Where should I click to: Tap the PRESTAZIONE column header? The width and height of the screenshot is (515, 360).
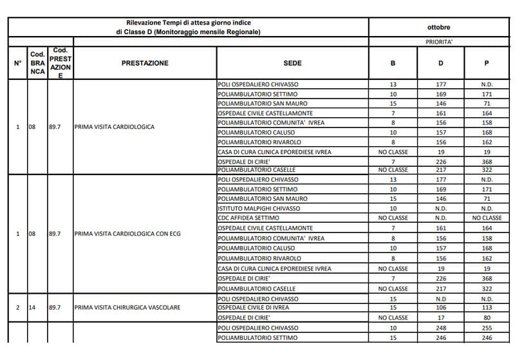point(145,63)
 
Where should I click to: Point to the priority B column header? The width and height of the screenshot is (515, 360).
point(393,63)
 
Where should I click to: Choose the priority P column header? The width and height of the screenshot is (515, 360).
point(487,63)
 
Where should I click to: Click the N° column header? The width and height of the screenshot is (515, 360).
point(18,63)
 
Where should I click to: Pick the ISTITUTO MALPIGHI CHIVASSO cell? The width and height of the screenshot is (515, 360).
point(259,209)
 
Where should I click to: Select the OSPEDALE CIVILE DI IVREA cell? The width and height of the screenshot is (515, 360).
point(254,308)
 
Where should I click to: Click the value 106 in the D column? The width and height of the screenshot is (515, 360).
point(441,308)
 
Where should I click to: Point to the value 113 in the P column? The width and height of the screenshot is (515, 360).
point(487,308)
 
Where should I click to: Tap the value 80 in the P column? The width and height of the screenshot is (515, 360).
point(487,317)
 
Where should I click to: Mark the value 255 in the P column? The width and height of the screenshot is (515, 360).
point(487,328)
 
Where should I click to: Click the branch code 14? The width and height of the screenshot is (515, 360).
point(32,308)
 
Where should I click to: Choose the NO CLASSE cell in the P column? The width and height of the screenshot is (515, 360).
point(487,218)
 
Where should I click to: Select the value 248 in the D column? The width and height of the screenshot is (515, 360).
point(441,328)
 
